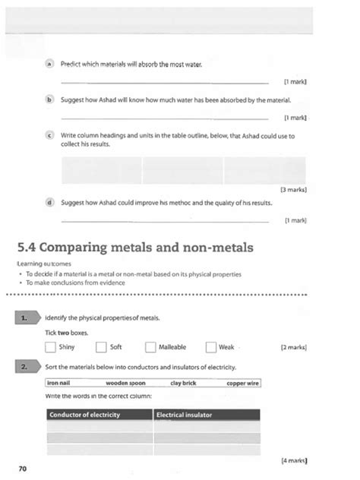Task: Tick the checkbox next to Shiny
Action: (50, 347)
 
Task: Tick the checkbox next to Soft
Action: (101, 347)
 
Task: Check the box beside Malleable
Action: (150, 347)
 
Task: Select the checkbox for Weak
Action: (211, 347)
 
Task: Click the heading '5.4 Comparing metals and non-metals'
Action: (135, 247)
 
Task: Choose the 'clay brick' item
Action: (183, 384)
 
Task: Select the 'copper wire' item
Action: (242, 384)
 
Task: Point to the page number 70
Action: (22, 469)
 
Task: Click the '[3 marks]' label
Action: (293, 188)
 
